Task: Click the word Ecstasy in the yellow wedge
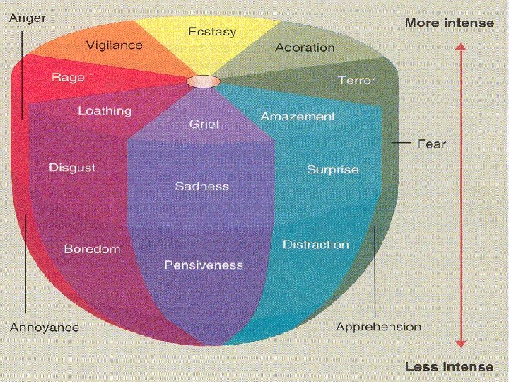point(212,32)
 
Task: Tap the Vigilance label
point(114,45)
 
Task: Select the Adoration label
point(305,47)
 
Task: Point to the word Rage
point(68,77)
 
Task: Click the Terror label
point(356,80)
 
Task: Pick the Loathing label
point(105,110)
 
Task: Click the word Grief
point(204,124)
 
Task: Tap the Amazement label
point(298,116)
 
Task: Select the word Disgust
point(72,168)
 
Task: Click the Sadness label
point(202,186)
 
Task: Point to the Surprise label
point(332,170)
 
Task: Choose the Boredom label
point(92,249)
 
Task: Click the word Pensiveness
point(204,265)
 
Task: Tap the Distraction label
point(316,245)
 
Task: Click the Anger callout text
point(27,18)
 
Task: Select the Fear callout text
point(431,144)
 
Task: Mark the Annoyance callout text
point(44,328)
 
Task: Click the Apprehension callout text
point(378,327)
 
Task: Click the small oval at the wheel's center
point(203,81)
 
